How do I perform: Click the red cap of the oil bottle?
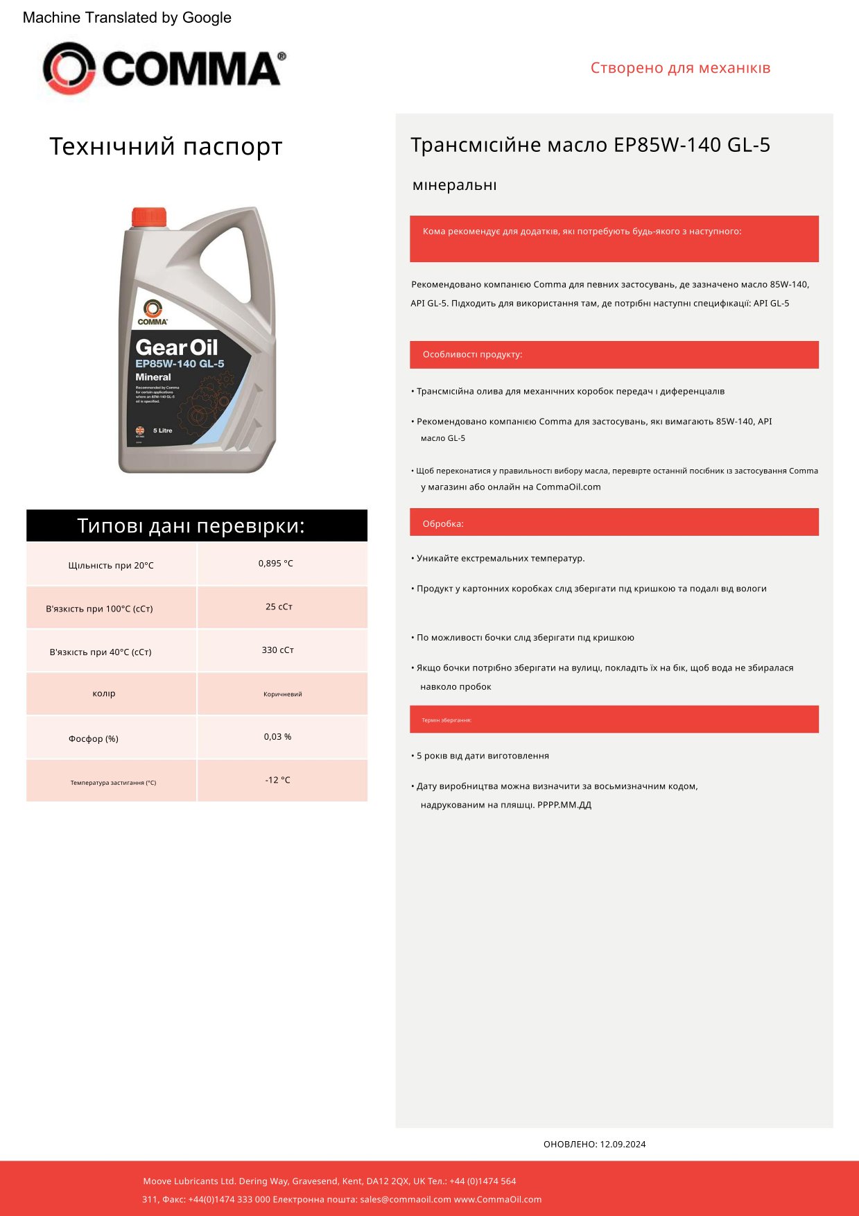pos(149,217)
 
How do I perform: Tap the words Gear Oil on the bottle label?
pos(176,347)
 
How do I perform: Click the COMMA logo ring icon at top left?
pos(69,68)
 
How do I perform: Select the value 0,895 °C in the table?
pos(276,564)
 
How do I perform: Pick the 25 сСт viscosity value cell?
pos(279,607)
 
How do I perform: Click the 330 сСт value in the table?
pos(278,650)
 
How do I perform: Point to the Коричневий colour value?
pos(283,694)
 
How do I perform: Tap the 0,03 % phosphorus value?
pos(277,737)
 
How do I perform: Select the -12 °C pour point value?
pos(277,780)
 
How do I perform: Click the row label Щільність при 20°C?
pos(111,566)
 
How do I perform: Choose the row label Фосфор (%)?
pos(94,739)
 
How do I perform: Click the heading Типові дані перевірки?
pos(191,526)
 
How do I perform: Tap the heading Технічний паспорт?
pos(166,147)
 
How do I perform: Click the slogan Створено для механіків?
pos(680,68)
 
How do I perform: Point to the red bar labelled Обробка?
pos(614,523)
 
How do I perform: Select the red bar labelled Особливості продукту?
pos(614,354)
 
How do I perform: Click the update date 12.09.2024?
pos(623,1145)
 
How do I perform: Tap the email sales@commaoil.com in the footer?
pos(406,1199)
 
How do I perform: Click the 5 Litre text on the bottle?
pos(162,431)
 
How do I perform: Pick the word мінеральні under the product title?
pos(455,185)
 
